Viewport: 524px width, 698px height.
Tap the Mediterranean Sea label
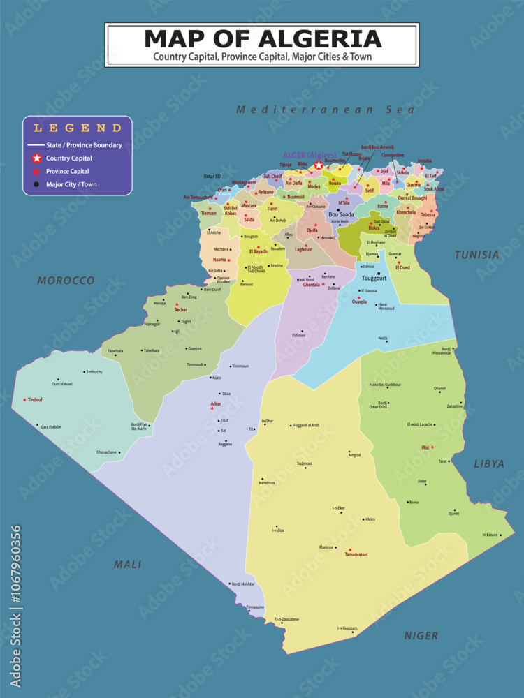[325, 110]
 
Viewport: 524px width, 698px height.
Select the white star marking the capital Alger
[319, 165]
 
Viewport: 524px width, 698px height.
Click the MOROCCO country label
[66, 281]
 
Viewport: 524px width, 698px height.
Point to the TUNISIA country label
[477, 255]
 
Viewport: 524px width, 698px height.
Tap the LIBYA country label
[489, 463]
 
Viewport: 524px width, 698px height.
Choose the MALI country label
[127, 565]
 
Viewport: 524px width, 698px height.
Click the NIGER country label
[421, 636]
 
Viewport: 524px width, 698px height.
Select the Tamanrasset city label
[356, 554]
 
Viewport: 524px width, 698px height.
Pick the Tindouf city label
[35, 400]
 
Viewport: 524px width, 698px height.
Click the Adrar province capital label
[217, 404]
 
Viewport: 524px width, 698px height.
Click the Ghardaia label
[311, 285]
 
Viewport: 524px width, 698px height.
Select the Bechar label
[181, 309]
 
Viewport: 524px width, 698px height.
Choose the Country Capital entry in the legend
[69, 158]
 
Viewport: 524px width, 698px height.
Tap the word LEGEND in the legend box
[78, 128]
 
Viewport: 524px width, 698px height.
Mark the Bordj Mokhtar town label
[243, 584]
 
